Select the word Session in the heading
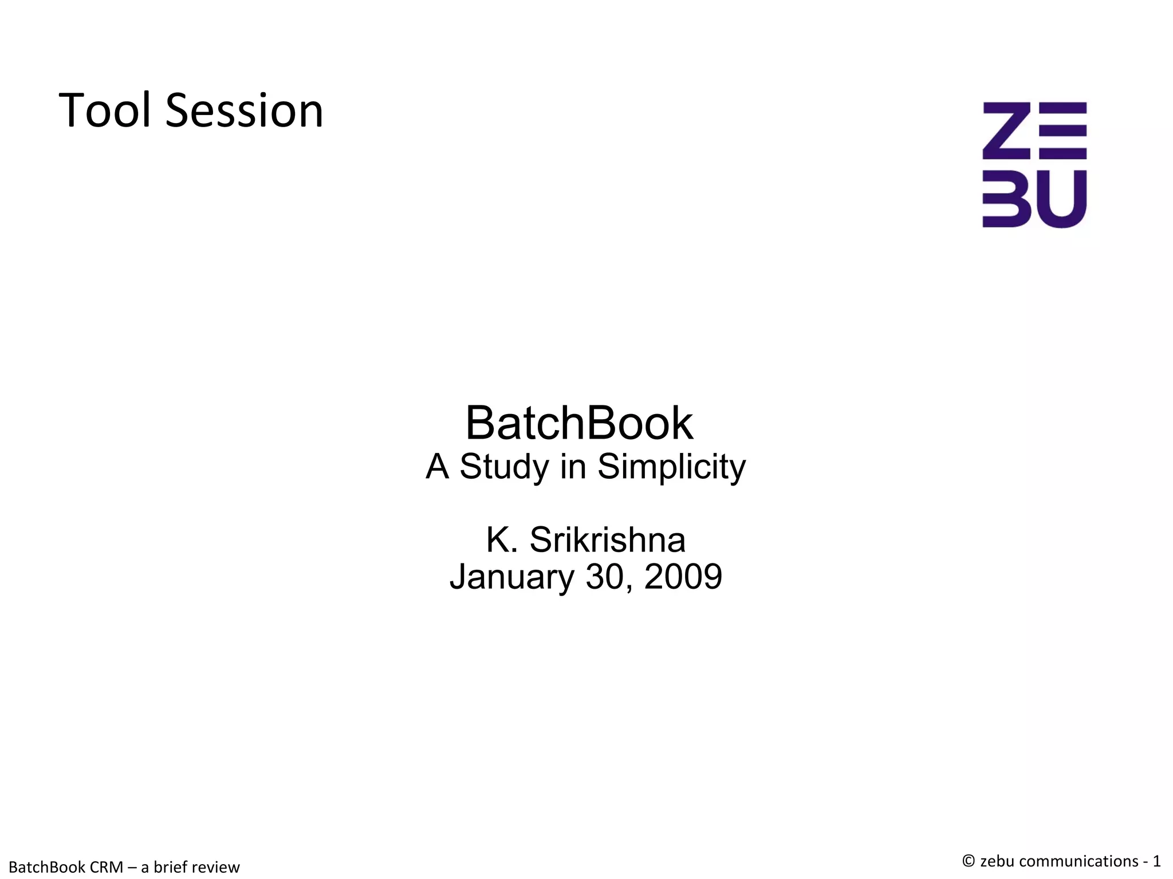coord(245,110)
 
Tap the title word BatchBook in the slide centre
coord(579,423)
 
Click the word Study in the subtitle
coord(504,467)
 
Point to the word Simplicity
coord(671,467)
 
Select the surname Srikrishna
coord(607,539)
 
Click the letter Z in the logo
coord(1006,131)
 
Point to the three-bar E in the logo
coord(1062,131)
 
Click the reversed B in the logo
coord(1006,199)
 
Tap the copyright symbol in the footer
coord(969,861)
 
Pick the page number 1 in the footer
coord(1156,861)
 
